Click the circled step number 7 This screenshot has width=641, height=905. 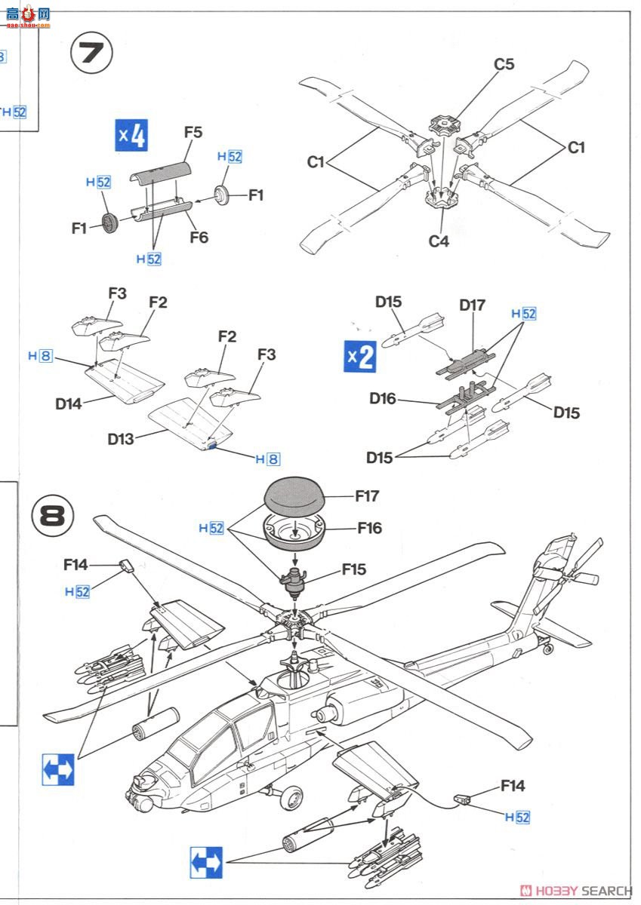[91, 54]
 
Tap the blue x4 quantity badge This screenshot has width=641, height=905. [131, 136]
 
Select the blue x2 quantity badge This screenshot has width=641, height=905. [360, 356]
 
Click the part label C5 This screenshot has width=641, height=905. [504, 65]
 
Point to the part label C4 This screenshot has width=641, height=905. [439, 241]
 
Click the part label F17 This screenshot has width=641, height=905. [367, 496]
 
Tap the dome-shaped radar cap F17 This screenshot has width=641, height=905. [294, 495]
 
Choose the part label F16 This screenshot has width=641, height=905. [369, 528]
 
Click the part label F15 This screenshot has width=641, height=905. [353, 569]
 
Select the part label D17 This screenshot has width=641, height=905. [472, 305]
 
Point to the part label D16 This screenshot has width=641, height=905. [382, 398]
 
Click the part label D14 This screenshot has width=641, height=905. [68, 403]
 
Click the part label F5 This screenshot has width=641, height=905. [193, 132]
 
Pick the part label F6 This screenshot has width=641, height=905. [199, 238]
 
